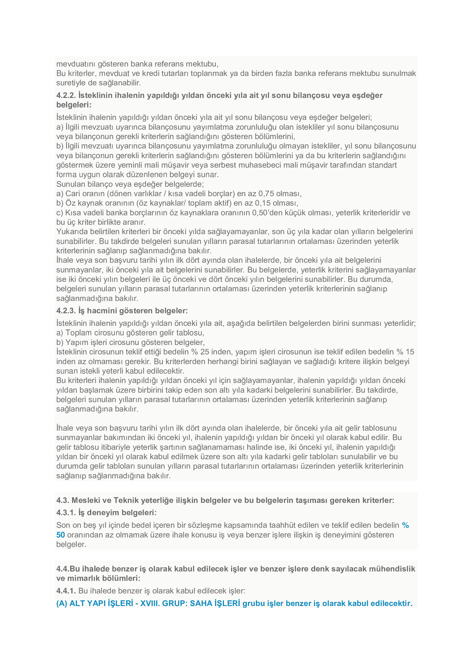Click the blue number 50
click(61, 535)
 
